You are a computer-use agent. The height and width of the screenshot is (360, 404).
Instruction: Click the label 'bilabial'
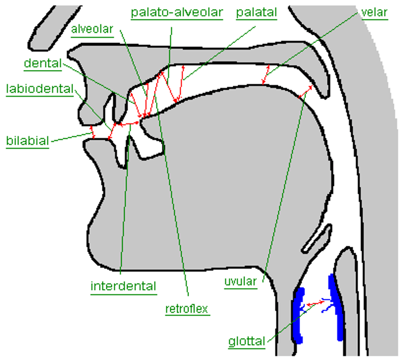27,141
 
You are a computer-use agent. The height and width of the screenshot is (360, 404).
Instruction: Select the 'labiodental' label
39,89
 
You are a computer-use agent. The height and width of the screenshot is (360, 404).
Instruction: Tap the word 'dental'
42,64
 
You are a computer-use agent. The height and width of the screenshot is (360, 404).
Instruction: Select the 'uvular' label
240,282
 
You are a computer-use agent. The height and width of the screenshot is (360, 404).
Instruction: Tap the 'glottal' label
247,342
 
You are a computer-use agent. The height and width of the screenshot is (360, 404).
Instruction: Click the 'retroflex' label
187,309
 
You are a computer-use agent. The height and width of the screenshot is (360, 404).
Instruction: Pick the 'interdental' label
123,286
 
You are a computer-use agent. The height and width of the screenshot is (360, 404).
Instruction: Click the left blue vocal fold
298,315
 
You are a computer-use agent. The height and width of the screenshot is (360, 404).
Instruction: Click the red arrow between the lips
93,132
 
